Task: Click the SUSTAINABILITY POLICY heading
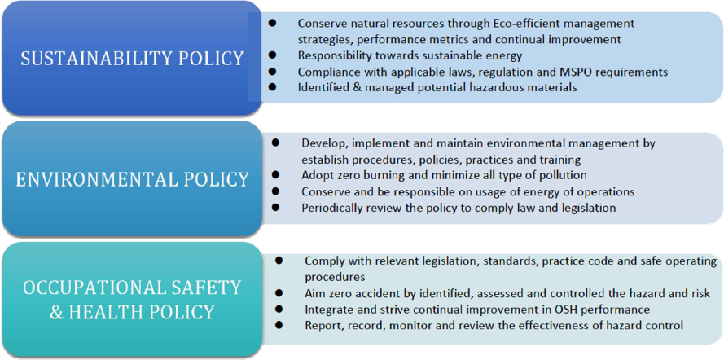click(x=133, y=59)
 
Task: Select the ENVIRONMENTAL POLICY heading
click(x=132, y=179)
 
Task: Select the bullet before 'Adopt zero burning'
click(x=275, y=175)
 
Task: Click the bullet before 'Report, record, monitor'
click(x=279, y=325)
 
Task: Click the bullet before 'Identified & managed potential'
click(x=273, y=88)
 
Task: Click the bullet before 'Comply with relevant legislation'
click(x=279, y=261)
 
